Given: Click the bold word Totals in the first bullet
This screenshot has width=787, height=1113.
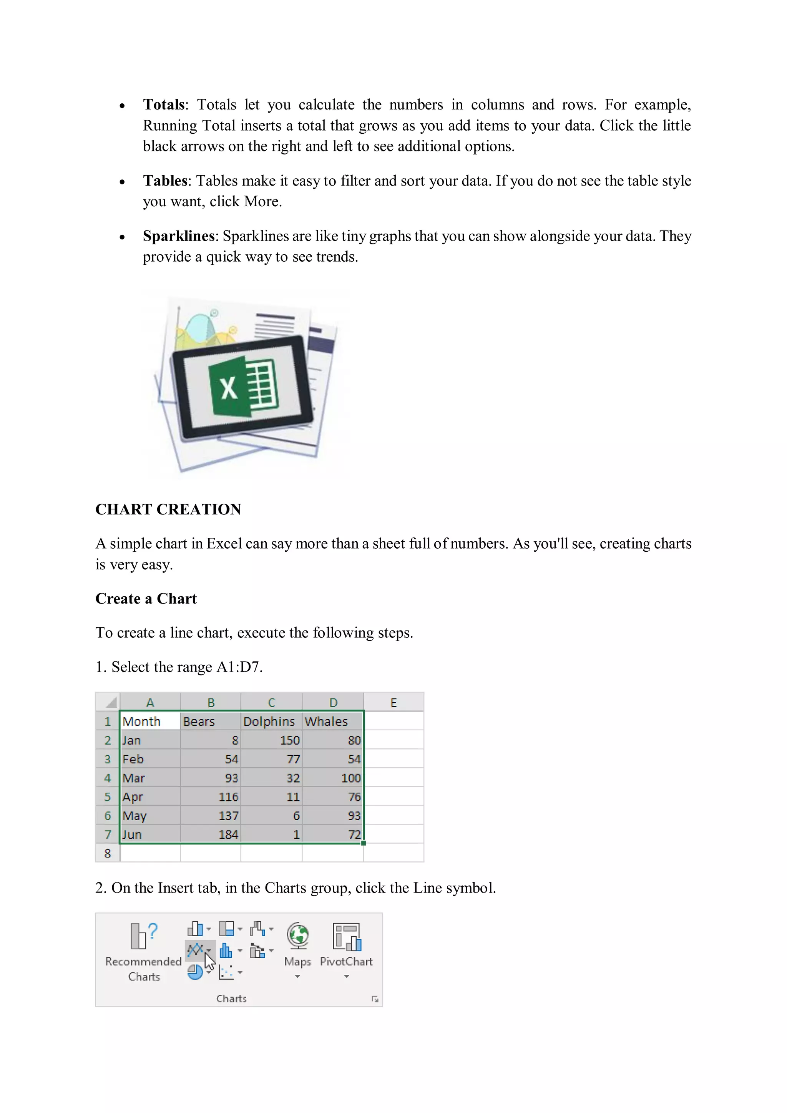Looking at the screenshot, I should (163, 105).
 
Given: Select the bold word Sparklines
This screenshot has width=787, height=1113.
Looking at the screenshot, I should (178, 236).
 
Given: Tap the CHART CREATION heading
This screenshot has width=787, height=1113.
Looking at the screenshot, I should (168, 509).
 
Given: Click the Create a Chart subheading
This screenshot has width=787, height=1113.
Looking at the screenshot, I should (146, 599).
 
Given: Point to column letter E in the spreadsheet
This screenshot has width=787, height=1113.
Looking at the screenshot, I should (393, 702).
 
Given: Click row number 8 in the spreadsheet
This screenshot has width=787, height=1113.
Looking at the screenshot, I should (108, 853).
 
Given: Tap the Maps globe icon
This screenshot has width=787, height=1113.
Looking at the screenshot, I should (297, 936).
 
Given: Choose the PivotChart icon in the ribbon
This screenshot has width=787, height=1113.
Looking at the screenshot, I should (346, 937).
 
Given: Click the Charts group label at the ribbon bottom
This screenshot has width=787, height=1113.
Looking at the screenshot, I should (231, 999).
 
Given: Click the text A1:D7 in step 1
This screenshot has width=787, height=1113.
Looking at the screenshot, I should (239, 667).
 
